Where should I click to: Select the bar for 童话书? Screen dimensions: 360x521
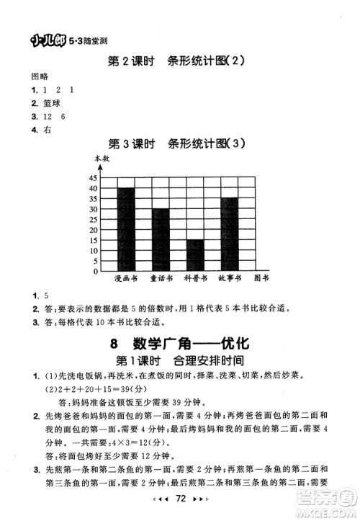click(x=161, y=240)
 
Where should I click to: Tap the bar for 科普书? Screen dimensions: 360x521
click(x=195, y=255)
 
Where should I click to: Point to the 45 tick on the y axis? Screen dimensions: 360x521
click(x=93, y=177)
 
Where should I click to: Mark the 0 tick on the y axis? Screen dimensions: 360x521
click(x=94, y=272)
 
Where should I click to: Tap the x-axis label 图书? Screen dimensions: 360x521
click(x=263, y=278)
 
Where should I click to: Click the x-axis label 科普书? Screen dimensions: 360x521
click(x=195, y=278)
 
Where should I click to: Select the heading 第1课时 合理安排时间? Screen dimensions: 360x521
click(x=179, y=360)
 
